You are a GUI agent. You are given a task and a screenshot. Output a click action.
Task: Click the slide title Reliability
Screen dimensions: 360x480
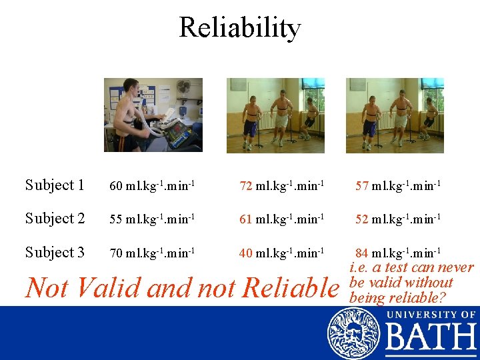[x=240, y=28]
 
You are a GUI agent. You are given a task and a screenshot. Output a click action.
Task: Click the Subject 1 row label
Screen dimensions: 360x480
[x=55, y=185]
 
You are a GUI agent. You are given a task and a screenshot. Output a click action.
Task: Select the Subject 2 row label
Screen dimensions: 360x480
[x=55, y=219]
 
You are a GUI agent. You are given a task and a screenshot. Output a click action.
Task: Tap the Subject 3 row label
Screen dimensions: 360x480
[x=55, y=253]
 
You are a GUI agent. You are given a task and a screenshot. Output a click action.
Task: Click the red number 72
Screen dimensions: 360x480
[x=246, y=186]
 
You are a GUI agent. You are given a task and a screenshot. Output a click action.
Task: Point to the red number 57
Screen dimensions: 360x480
[x=362, y=186]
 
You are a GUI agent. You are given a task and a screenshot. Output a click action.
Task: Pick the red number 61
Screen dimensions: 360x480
[x=246, y=219]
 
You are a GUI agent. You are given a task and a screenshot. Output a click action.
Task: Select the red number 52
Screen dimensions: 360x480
[x=362, y=219]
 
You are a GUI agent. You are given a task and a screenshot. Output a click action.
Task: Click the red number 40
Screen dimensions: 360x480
[x=246, y=253]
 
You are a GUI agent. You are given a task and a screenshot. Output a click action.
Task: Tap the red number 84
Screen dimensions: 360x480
[x=362, y=253]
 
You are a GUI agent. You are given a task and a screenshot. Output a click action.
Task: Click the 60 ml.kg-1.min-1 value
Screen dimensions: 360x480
[x=152, y=186]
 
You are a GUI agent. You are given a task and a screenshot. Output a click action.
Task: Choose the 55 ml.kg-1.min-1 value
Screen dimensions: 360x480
[x=152, y=219]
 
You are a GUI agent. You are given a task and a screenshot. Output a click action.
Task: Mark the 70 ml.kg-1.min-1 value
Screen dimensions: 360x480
[x=152, y=253]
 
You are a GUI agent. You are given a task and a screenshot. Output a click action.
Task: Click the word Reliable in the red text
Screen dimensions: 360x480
[x=291, y=288]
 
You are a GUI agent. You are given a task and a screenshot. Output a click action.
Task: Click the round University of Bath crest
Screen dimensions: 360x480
[x=353, y=333]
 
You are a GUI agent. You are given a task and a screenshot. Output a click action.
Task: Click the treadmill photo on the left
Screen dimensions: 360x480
[x=153, y=115]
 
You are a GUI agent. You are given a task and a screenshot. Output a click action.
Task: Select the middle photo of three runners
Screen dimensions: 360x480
[x=275, y=115]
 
